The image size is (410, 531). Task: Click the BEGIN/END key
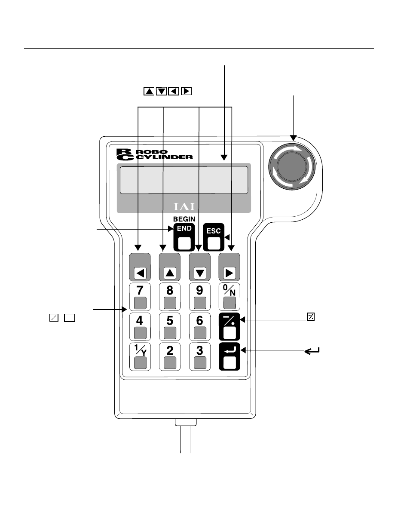[x=184, y=237]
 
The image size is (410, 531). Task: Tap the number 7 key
[x=140, y=297]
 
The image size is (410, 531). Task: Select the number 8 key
[x=170, y=297]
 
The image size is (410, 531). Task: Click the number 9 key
[x=200, y=297]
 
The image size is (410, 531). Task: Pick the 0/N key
[x=229, y=297]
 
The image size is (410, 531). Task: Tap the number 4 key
[x=140, y=326]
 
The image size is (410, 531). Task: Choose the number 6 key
[x=200, y=326]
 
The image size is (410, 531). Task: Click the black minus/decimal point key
[x=229, y=326]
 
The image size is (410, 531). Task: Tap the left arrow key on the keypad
[x=140, y=267]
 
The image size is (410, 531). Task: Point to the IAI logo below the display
[x=184, y=207]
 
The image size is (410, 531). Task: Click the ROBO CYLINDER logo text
[x=155, y=154]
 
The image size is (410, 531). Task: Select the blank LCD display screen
[x=184, y=180]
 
